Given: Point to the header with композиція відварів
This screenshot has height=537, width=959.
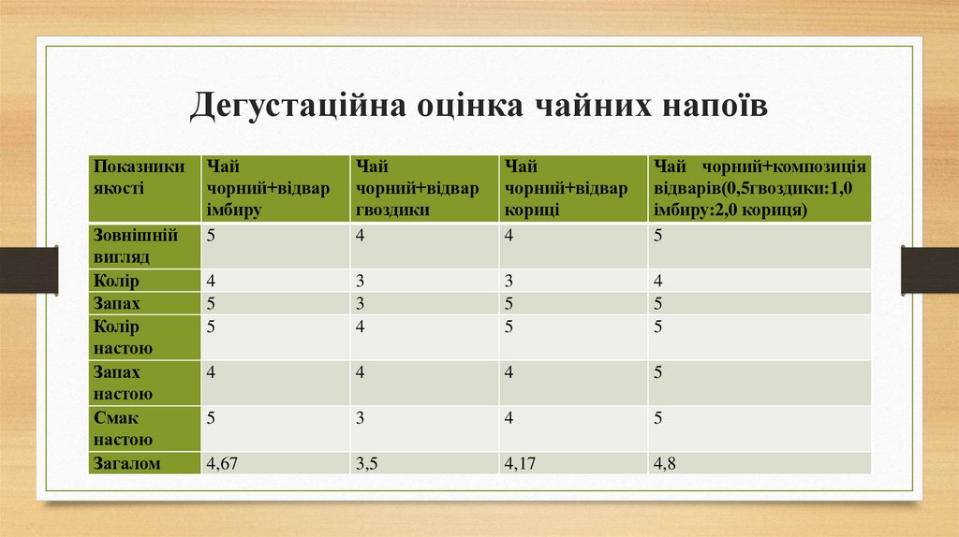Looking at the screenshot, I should point(759,188).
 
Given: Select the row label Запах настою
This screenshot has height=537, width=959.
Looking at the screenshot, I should point(123,383).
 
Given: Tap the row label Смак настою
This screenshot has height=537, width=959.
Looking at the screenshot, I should point(123,428).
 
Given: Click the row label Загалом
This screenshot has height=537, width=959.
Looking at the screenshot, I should point(127,462).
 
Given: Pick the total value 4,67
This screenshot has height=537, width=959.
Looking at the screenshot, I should point(222,462).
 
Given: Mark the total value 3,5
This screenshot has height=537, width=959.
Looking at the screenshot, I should point(366,462).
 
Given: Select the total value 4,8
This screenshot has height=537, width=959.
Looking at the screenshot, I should point(665,462).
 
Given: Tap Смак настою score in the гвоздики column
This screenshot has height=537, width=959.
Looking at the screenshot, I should point(359,418).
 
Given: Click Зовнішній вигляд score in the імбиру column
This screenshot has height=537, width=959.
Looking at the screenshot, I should point(212,235).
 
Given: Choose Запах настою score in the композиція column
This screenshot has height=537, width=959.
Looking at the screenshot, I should point(659,372).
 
